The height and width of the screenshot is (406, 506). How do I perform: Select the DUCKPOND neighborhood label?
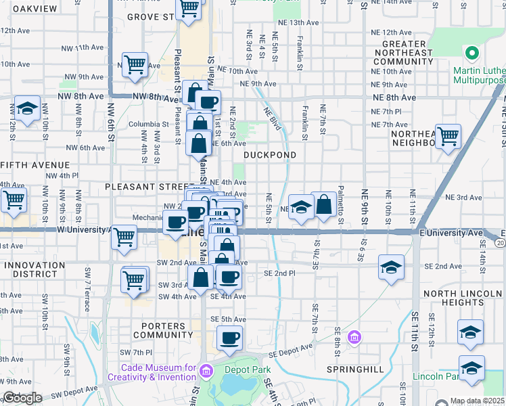click(269, 155)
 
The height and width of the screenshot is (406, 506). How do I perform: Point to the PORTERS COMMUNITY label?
click(163, 330)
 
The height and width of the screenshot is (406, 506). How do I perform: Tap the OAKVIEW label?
click(29, 8)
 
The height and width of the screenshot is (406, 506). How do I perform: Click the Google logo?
click(22, 398)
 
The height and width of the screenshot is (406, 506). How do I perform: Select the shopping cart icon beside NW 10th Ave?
click(135, 65)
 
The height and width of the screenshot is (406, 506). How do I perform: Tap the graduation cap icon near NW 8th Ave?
click(27, 109)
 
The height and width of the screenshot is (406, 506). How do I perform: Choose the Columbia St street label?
click(149, 125)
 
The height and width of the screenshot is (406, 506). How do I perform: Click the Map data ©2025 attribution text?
click(478, 401)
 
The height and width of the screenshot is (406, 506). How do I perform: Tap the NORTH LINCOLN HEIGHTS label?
click(463, 298)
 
